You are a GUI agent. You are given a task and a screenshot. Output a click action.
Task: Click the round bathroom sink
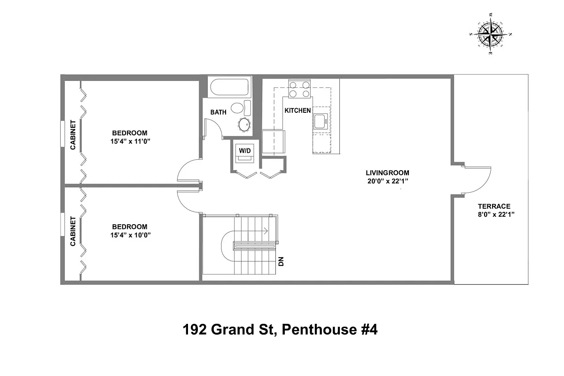tap(244, 125)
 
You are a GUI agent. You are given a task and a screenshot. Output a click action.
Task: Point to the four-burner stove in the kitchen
tap(300, 89)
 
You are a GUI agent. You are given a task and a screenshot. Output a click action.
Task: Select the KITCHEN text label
tap(298, 110)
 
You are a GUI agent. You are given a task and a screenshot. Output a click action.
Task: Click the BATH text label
tap(218, 112)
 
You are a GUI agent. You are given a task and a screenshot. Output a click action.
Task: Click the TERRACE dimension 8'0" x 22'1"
tap(494, 214)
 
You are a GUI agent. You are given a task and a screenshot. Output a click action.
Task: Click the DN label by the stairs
tap(281, 261)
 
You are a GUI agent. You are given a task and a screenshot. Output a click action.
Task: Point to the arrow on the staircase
tap(265, 231)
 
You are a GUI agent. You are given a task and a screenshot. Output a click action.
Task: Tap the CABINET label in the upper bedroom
tap(73, 135)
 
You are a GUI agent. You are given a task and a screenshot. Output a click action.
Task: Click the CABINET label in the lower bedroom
tap(73, 231)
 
